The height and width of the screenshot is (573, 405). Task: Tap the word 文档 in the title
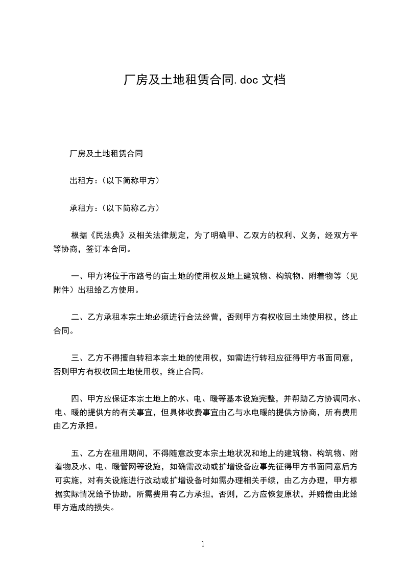[x=273, y=80]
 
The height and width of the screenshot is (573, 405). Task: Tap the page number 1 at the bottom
[x=203, y=543]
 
